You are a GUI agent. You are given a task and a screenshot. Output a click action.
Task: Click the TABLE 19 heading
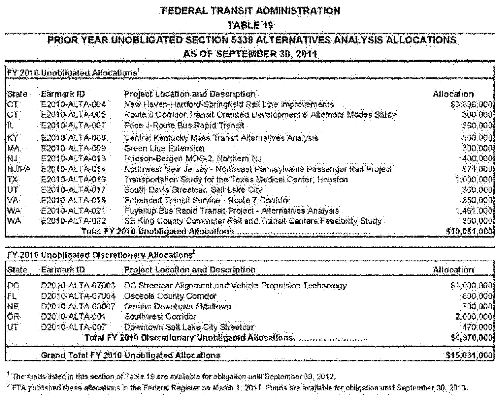[x=250, y=25]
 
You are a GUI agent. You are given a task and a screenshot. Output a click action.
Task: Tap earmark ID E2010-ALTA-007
[x=73, y=126]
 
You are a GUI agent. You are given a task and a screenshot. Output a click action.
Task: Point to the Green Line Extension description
[x=164, y=148]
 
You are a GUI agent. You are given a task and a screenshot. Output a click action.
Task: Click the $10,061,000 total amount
[x=469, y=232]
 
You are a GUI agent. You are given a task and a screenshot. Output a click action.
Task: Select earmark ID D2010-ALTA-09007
[x=78, y=306]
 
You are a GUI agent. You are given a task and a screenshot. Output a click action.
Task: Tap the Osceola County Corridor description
[x=170, y=296]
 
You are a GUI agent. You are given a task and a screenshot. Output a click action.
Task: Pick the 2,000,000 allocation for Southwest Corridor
[x=474, y=317]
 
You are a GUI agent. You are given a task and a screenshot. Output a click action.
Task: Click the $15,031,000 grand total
[x=469, y=355]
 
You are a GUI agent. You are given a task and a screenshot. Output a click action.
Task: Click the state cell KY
[x=13, y=138]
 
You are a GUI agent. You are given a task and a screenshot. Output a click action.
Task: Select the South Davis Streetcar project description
[x=193, y=190]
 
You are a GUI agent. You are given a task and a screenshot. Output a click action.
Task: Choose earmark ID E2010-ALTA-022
[x=73, y=221]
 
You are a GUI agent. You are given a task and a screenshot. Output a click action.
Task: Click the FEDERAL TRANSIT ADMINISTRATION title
[x=251, y=11]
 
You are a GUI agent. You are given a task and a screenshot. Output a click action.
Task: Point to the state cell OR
[x=13, y=317]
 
